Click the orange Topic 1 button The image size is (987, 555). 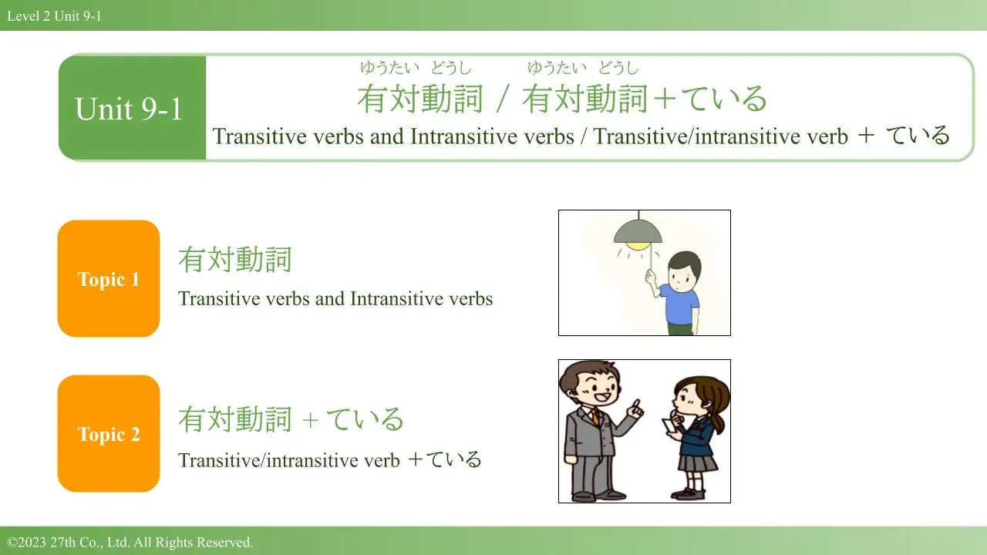tap(109, 278)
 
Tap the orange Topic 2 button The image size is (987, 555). tap(109, 433)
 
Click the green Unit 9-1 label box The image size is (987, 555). tap(132, 108)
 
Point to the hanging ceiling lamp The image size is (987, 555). tap(638, 234)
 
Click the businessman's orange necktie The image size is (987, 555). tap(595, 416)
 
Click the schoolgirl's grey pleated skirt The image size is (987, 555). tap(696, 463)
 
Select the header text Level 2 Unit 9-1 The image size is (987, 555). tap(54, 16)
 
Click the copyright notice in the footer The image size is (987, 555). tap(130, 542)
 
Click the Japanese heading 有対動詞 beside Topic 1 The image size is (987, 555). tap(235, 260)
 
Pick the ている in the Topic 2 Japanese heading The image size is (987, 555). tap(365, 419)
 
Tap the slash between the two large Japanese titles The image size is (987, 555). tap(503, 99)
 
